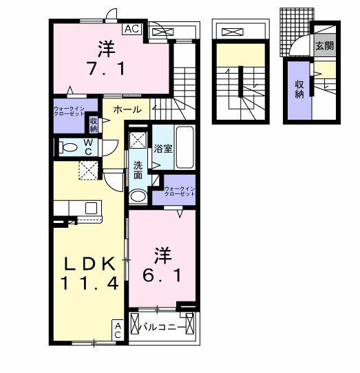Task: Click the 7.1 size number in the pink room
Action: coord(105,69)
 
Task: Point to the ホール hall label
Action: coord(127,109)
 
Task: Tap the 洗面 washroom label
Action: coord(138,170)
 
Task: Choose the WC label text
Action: coord(89,147)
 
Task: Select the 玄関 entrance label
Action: coord(324,46)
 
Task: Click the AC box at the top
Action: coord(132,29)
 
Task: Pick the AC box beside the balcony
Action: coord(118,330)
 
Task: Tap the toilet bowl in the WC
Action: coord(70,147)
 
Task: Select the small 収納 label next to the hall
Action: coord(94,125)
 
